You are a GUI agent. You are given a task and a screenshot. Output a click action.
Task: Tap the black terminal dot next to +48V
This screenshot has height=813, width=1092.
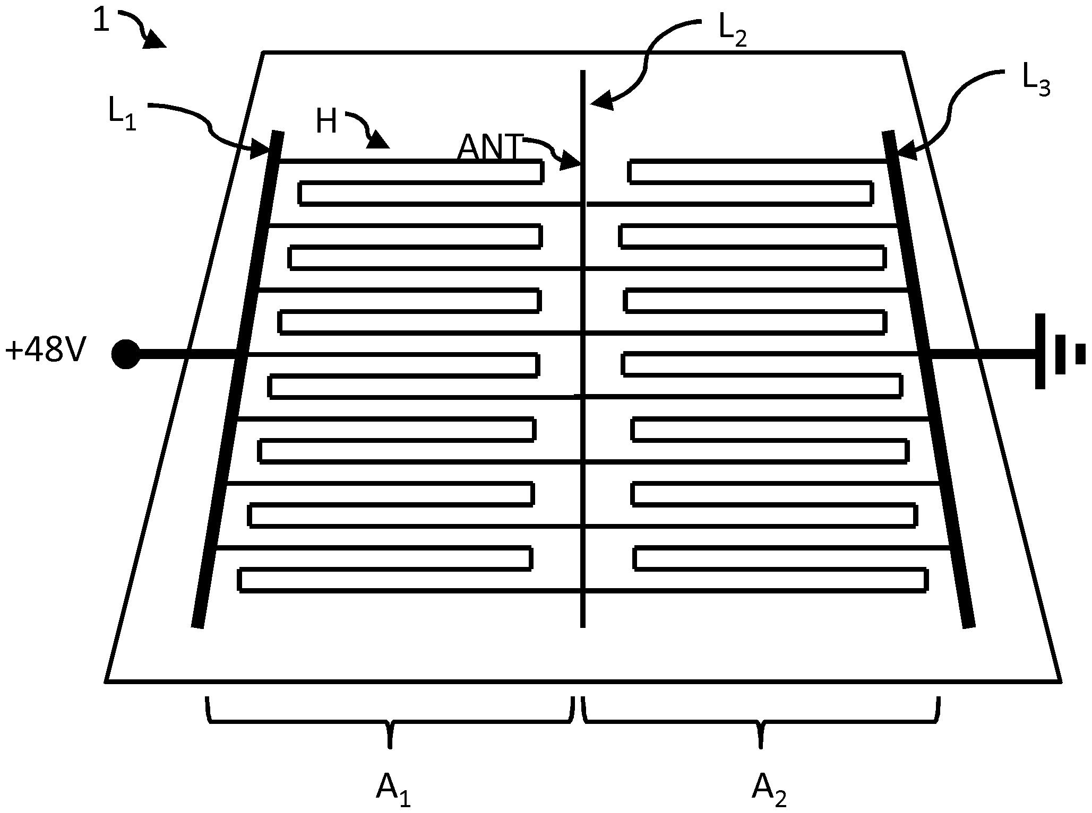pyautogui.click(x=126, y=354)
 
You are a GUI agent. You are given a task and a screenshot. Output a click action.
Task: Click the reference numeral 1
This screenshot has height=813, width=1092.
pyautogui.click(x=101, y=22)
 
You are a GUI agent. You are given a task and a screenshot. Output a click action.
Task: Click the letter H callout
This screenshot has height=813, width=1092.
pyautogui.click(x=326, y=121)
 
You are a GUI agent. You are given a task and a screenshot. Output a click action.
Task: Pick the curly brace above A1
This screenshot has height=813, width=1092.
pyautogui.click(x=390, y=721)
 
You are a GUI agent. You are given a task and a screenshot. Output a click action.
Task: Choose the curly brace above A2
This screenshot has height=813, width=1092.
pyautogui.click(x=761, y=721)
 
